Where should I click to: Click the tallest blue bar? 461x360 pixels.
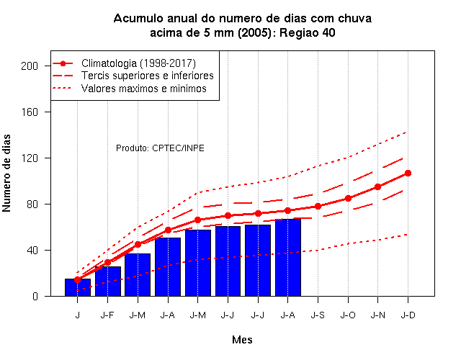(x=288, y=258)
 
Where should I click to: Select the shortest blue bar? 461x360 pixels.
(x=78, y=287)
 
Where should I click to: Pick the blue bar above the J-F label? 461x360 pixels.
(x=108, y=282)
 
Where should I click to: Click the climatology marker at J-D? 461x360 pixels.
(x=408, y=173)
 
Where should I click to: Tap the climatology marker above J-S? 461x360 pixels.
(x=318, y=207)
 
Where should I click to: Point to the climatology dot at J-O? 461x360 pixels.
(x=348, y=199)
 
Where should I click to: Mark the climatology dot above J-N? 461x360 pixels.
(x=377, y=186)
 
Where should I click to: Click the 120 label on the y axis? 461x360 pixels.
(x=30, y=158)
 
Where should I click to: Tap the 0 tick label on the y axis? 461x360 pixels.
(x=35, y=296)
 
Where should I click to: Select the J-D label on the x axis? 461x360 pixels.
(x=408, y=315)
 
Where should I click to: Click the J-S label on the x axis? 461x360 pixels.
(x=318, y=315)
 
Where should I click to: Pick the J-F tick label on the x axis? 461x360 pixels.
(x=107, y=315)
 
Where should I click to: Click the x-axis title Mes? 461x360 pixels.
(x=242, y=340)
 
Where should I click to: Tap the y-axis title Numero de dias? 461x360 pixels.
(x=6, y=173)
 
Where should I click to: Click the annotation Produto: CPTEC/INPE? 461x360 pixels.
(x=160, y=148)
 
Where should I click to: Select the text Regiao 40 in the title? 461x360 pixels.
(x=308, y=32)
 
